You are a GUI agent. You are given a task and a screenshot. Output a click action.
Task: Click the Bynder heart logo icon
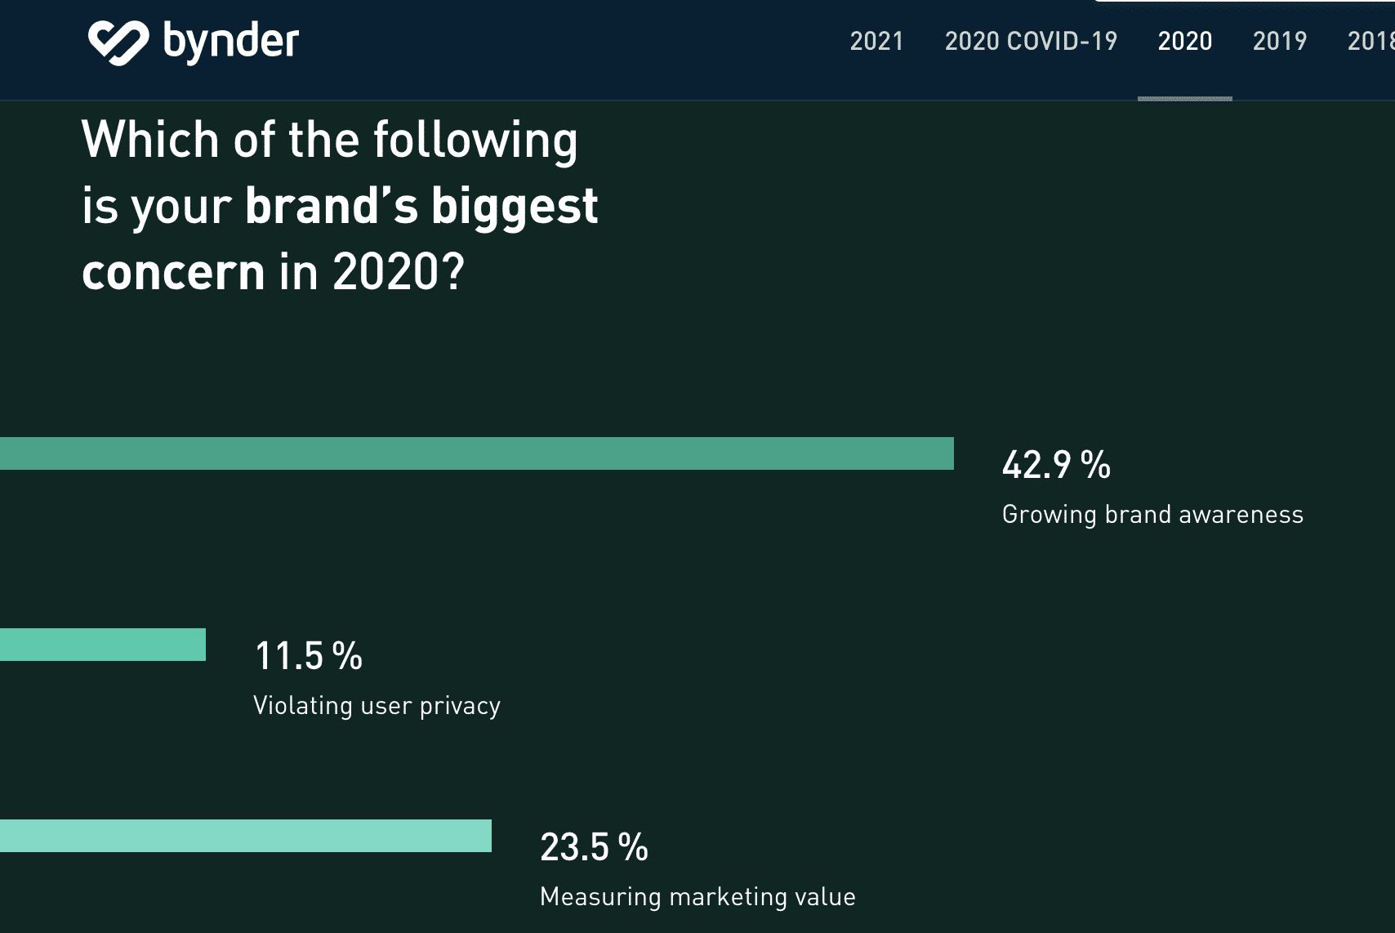118,42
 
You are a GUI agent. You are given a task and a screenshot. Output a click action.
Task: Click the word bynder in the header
231,42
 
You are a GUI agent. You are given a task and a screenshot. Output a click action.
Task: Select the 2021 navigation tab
876,41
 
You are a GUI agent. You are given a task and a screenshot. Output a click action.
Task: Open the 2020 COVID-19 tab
1031,41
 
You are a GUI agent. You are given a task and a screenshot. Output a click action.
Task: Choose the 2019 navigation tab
1279,41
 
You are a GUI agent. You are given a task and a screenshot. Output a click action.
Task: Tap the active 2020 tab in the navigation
1184,41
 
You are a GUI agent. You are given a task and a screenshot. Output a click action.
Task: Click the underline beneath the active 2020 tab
1184,99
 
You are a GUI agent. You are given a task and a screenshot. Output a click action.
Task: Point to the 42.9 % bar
477,453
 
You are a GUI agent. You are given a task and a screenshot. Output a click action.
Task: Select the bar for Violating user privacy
103,645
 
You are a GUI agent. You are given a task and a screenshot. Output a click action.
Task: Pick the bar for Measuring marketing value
246,836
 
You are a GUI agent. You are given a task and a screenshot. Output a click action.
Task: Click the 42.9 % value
1055,465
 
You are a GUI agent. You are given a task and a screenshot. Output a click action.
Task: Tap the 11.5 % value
308,656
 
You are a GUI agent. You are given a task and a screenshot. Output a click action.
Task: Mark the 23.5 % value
594,847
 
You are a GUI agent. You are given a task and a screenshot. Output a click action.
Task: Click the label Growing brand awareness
1152,515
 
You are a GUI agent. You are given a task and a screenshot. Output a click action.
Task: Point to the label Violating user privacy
377,706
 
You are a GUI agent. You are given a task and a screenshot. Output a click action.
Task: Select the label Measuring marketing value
697,897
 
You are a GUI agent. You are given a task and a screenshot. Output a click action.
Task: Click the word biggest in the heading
514,207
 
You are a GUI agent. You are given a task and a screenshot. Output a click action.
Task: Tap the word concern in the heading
173,272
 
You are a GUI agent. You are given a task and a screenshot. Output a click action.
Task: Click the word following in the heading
475,141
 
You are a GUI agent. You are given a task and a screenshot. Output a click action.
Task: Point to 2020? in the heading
399,272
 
